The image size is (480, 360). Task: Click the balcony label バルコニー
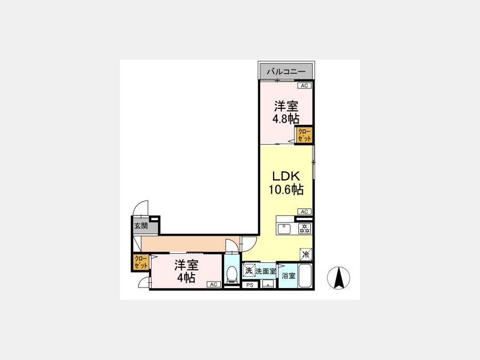click(x=286, y=72)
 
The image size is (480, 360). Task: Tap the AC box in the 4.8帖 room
click(x=305, y=86)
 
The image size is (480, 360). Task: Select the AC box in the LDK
click(x=305, y=212)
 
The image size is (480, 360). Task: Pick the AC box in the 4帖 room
click(x=214, y=284)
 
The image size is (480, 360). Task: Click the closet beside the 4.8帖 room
click(x=304, y=135)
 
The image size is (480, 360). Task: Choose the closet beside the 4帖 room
click(x=141, y=262)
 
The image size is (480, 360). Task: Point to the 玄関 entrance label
click(x=141, y=226)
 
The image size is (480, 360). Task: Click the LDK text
click(x=286, y=176)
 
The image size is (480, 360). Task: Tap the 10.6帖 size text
click(x=286, y=189)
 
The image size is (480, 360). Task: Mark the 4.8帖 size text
click(x=286, y=118)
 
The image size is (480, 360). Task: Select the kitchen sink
click(x=284, y=229)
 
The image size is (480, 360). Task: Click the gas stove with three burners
click(x=305, y=229)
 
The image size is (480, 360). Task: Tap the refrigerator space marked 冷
click(x=306, y=254)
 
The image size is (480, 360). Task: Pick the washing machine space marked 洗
click(x=249, y=270)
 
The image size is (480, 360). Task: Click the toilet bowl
click(x=232, y=274)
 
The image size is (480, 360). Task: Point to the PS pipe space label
click(x=250, y=285)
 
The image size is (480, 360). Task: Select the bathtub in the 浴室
click(x=305, y=276)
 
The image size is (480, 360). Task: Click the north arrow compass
click(x=339, y=278)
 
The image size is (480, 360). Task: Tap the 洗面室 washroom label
click(x=266, y=271)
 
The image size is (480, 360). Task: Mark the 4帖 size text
click(x=187, y=278)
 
